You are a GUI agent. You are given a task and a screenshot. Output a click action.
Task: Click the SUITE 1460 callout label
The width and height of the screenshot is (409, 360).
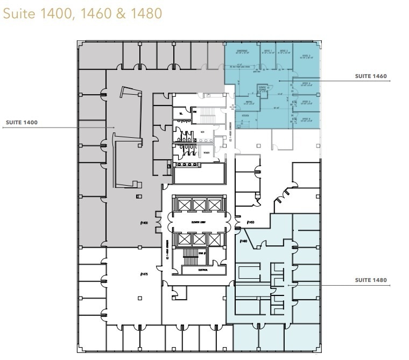371,76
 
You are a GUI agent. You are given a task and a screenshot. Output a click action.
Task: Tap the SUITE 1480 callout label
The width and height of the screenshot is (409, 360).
371,280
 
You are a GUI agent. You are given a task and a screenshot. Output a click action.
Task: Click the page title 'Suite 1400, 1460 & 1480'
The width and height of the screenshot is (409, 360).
82,13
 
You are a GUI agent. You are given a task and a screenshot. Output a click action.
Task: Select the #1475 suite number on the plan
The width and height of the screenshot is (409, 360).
142,274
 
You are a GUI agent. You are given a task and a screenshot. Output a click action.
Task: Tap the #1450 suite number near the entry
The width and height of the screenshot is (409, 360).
250,222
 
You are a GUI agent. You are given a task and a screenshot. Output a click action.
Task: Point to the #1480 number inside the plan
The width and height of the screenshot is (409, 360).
243,241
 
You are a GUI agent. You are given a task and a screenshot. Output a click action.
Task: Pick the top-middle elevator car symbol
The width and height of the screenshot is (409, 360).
199,204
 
